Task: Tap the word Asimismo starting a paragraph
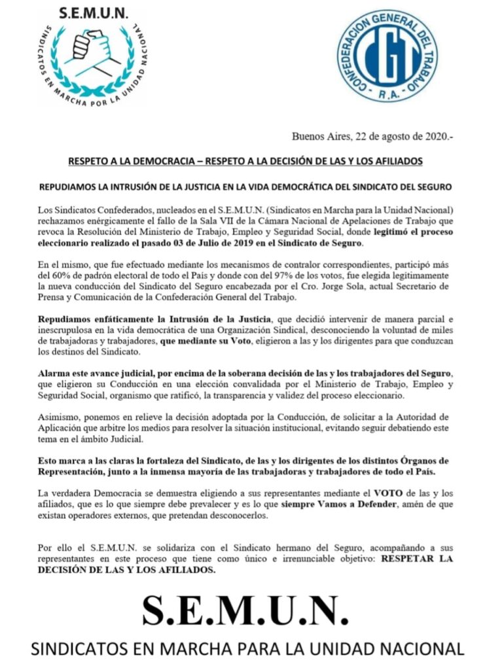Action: pos(58,415)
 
